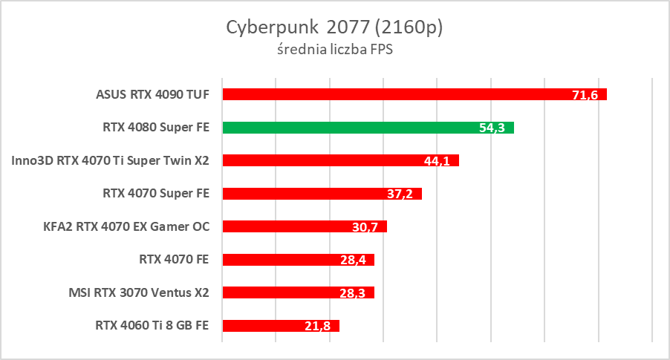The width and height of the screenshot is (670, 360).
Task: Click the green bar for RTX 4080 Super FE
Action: (x=368, y=128)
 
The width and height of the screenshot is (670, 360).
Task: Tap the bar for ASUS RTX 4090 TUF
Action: (x=414, y=94)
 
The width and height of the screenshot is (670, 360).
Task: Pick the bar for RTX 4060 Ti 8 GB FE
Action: (x=281, y=326)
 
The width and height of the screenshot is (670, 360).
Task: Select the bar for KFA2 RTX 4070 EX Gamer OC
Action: (x=305, y=226)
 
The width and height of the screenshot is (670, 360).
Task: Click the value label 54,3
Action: (x=492, y=128)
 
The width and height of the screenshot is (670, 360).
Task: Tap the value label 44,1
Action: (x=437, y=161)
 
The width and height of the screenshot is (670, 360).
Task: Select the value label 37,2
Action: (x=400, y=194)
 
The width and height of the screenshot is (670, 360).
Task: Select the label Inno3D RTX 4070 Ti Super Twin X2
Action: (x=111, y=160)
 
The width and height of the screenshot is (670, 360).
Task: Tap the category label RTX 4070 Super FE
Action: (x=156, y=193)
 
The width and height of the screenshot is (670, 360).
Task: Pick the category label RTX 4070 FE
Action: (x=174, y=259)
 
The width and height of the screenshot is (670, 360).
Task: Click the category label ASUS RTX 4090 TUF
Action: (x=152, y=94)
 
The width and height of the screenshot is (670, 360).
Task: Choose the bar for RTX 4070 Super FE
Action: (x=322, y=194)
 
